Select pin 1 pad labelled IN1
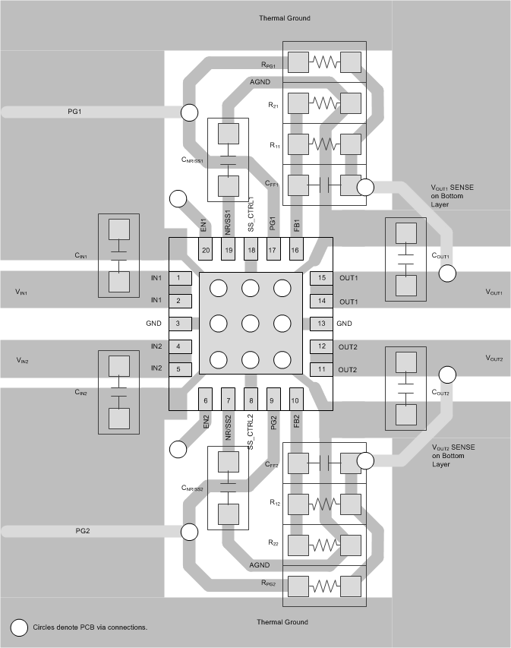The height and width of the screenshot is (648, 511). point(178,279)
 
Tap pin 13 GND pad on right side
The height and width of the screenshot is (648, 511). point(321,324)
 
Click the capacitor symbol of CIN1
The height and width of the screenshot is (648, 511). point(118,255)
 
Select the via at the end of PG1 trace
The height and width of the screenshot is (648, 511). point(189,113)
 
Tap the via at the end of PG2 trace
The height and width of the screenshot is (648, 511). point(189,531)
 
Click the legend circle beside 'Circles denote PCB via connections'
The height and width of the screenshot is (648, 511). point(20,627)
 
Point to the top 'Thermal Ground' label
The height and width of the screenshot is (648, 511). point(284,18)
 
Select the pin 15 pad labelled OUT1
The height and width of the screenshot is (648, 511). point(321,278)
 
